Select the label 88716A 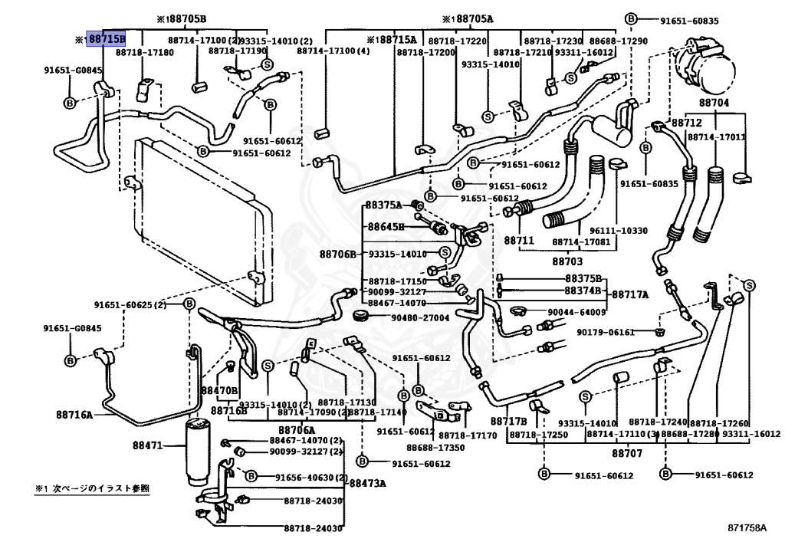(74, 415)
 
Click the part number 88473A (368, 483)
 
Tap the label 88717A (629, 294)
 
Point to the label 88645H (386, 227)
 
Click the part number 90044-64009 (576, 312)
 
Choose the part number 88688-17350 (435, 447)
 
